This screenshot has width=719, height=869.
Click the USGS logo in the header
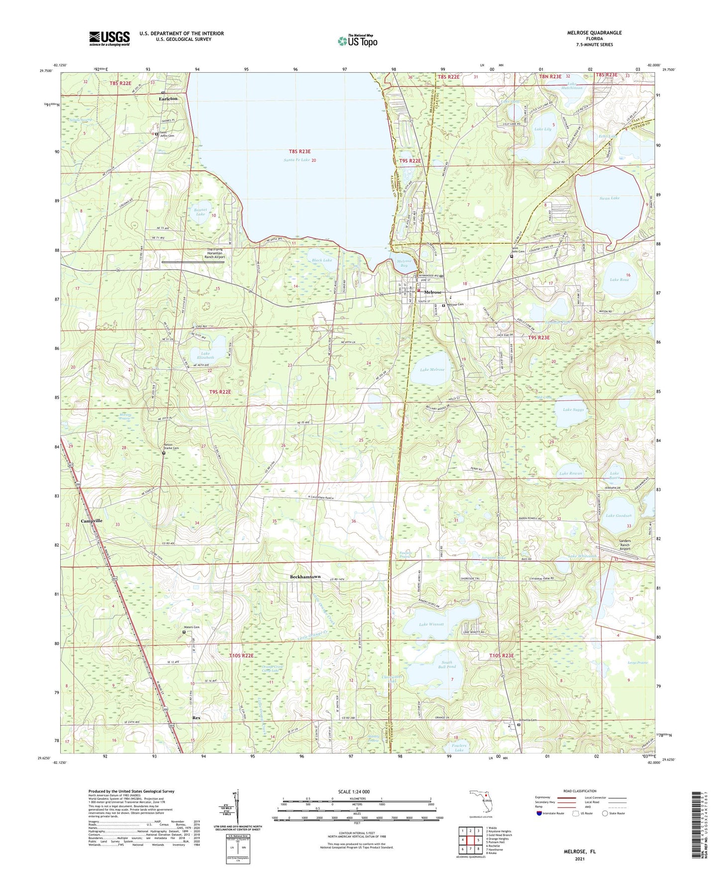click(109, 38)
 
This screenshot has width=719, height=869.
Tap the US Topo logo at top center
click(357, 41)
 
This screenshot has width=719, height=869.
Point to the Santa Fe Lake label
click(297, 160)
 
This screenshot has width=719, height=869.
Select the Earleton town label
click(168, 99)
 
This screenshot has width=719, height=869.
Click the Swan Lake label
click(609, 198)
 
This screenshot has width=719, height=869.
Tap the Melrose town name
click(432, 292)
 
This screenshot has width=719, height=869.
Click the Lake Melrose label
click(432, 369)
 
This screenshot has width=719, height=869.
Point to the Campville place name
click(92, 521)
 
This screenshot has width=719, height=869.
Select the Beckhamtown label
click(305, 576)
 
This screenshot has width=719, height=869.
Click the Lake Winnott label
click(431, 624)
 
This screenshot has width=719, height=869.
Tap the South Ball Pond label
click(446, 664)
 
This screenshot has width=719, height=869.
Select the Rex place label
click(196, 718)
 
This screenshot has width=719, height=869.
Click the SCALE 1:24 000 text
click(354, 791)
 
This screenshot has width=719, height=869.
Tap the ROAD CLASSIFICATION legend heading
click(580, 791)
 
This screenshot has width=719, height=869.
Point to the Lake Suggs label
click(573, 410)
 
